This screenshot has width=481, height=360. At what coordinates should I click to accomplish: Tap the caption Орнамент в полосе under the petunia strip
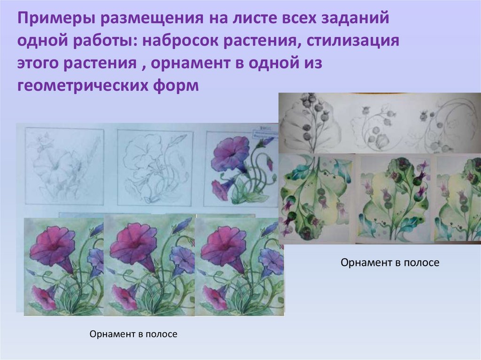click(x=133, y=335)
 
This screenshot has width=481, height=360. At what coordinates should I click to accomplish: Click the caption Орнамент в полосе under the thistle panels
click(x=390, y=263)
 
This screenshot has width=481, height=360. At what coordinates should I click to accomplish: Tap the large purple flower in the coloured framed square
click(x=230, y=154)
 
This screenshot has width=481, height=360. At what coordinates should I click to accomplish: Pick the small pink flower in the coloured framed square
click(x=219, y=189)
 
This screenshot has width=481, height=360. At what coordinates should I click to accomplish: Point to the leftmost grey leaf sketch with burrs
click(x=310, y=123)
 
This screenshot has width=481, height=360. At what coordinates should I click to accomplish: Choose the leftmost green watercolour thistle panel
click(x=316, y=197)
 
